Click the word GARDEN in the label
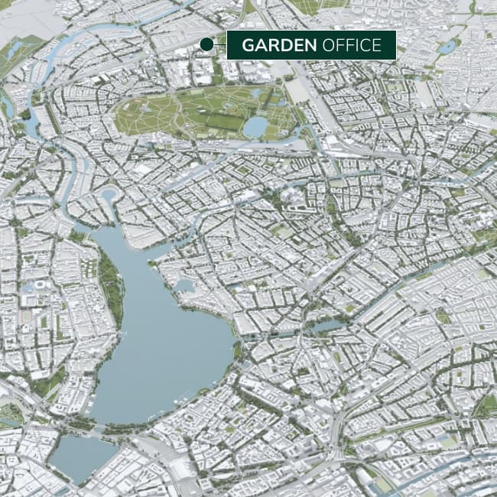click(x=279, y=45)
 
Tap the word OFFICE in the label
click(x=352, y=45)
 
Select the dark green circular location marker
click(x=206, y=45)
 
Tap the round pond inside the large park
click(x=255, y=127)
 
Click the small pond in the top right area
click(x=447, y=47)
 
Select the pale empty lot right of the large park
click(x=299, y=92)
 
